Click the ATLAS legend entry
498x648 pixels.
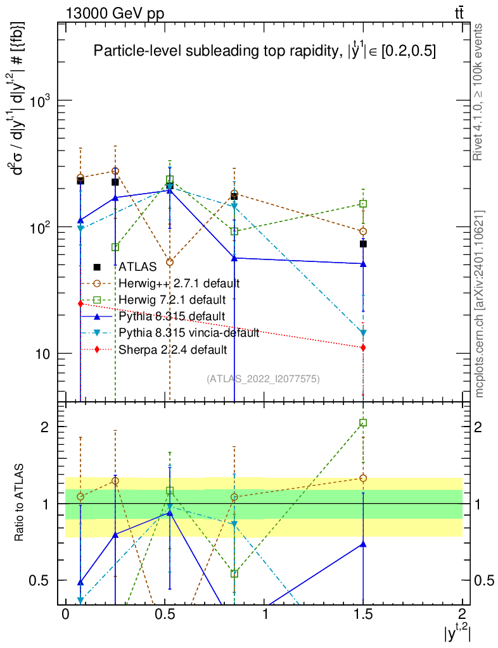(x=136, y=267)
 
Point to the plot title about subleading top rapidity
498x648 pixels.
(x=264, y=52)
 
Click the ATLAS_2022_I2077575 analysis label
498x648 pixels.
(x=263, y=379)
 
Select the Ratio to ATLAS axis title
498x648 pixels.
(x=21, y=503)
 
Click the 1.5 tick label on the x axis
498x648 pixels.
(x=363, y=614)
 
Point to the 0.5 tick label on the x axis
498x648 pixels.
(x=165, y=614)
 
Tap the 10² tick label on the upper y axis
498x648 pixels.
(x=42, y=227)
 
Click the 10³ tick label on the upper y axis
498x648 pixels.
(x=42, y=101)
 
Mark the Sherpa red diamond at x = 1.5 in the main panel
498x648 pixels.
(x=363, y=347)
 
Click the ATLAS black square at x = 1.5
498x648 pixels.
(x=363, y=244)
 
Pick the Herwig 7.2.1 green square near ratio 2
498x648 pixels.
(x=363, y=423)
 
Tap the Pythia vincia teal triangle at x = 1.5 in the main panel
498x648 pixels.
(x=363, y=333)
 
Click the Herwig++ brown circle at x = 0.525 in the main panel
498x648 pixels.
(x=169, y=262)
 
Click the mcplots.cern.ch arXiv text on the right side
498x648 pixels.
(x=480, y=304)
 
